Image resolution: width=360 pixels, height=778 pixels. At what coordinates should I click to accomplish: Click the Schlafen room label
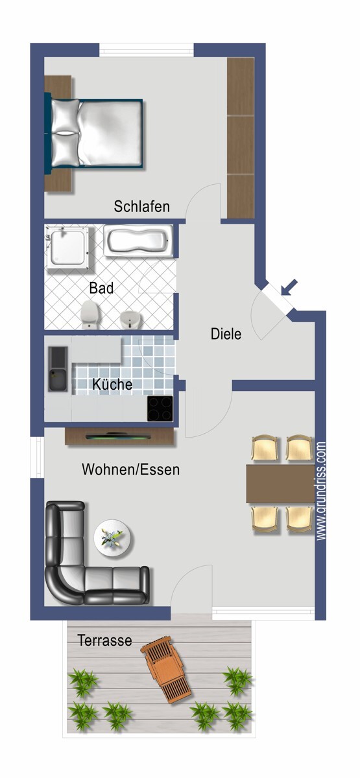click(x=141, y=207)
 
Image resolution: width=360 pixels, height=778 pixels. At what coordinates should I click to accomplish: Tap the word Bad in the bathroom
click(x=101, y=288)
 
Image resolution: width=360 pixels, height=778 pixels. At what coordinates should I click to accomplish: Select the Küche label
click(x=112, y=384)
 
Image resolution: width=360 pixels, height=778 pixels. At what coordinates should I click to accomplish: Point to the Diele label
click(x=226, y=335)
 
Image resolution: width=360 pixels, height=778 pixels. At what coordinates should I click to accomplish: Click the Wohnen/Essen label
click(x=130, y=469)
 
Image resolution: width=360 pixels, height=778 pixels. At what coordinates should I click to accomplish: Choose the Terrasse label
click(x=104, y=641)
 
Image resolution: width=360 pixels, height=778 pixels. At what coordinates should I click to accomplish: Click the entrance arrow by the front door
click(x=290, y=286)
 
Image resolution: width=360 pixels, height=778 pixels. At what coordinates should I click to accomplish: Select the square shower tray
click(x=67, y=247)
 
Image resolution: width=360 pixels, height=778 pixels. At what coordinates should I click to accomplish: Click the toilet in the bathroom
click(x=90, y=315)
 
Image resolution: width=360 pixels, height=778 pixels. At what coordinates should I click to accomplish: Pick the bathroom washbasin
click(x=130, y=318)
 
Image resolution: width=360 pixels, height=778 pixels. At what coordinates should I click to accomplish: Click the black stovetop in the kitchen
click(x=160, y=408)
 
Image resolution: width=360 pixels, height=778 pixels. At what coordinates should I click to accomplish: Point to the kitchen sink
click(x=58, y=369)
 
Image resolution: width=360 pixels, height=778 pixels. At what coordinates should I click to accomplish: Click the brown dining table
click(x=280, y=484)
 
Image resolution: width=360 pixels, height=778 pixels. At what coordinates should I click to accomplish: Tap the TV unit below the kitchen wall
click(x=119, y=436)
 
